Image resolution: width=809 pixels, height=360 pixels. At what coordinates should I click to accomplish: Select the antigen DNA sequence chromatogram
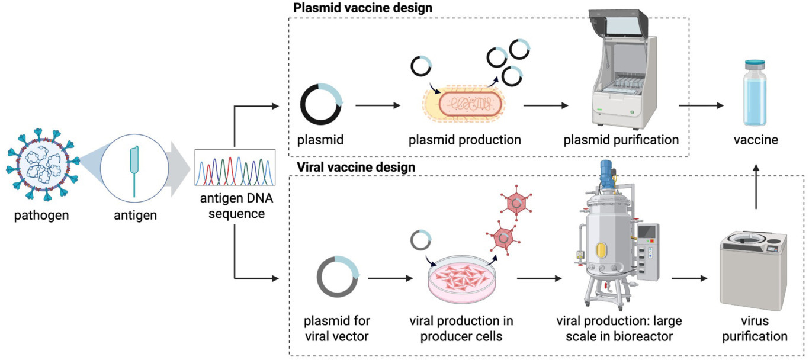tap(235, 169)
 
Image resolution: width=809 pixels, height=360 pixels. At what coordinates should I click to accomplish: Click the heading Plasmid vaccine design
tap(363, 8)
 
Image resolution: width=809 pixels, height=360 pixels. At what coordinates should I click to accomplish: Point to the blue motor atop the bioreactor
tap(605, 171)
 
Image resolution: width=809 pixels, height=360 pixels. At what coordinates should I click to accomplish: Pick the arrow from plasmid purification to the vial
tap(701, 105)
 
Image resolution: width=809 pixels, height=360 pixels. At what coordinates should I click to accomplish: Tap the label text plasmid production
tap(464, 140)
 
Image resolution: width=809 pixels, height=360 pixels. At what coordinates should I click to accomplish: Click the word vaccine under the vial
tap(756, 140)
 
